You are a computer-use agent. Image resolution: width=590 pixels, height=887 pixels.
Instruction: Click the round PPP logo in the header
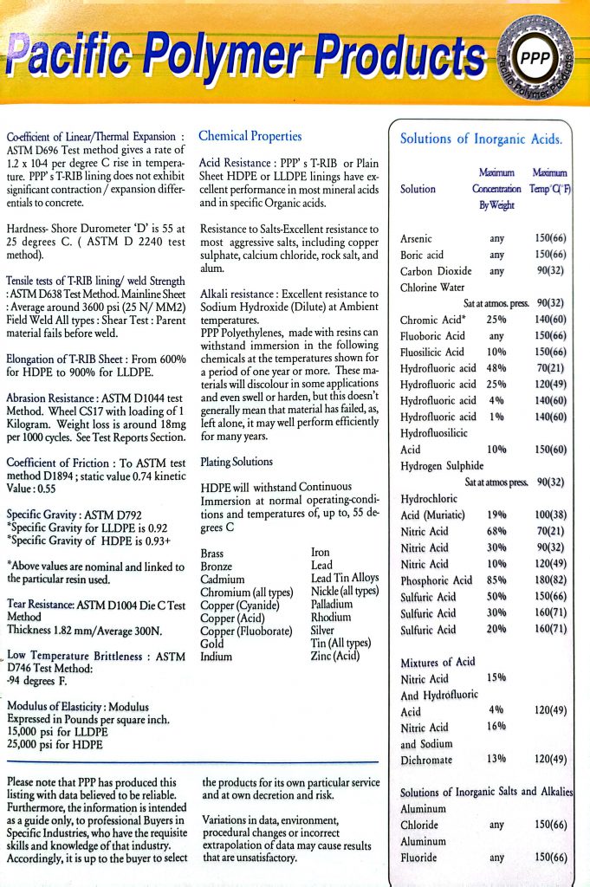click(x=529, y=60)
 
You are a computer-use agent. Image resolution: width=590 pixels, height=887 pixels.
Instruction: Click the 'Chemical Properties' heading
click(x=250, y=136)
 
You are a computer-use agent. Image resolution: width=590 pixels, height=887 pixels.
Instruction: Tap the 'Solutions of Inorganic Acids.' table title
click(x=481, y=139)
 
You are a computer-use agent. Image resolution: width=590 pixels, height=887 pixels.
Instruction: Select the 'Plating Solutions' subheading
click(x=236, y=463)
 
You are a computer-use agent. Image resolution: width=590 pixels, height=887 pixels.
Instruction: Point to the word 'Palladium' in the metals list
click(x=333, y=605)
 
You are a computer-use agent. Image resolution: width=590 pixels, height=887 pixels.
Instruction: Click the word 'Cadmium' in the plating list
click(x=222, y=579)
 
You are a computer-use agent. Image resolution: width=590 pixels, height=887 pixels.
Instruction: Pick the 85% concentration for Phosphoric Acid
click(x=496, y=580)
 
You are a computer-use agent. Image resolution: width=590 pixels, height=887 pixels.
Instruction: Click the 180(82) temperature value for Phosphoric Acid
click(x=550, y=580)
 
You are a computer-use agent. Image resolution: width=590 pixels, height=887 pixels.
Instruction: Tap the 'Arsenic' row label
click(x=417, y=238)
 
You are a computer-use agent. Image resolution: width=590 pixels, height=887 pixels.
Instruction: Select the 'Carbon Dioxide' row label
click(x=436, y=271)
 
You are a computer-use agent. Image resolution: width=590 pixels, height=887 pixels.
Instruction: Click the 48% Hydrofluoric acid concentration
click(x=496, y=368)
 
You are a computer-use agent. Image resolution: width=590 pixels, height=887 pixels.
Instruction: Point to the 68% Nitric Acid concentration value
click(x=496, y=531)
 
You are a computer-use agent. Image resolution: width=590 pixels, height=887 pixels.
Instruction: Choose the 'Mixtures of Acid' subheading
click(x=438, y=663)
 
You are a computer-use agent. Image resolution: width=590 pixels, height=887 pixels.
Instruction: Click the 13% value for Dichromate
click(x=496, y=760)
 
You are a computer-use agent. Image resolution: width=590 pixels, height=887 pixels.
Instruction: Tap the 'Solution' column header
click(x=418, y=189)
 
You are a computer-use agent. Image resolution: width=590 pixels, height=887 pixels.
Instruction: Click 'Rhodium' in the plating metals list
click(x=331, y=617)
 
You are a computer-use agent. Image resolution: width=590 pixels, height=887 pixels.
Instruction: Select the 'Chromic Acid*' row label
click(x=431, y=320)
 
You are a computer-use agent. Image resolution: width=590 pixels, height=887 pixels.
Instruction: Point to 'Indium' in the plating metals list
click(x=217, y=657)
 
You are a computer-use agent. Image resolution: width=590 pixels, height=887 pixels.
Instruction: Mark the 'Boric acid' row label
click(x=423, y=256)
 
